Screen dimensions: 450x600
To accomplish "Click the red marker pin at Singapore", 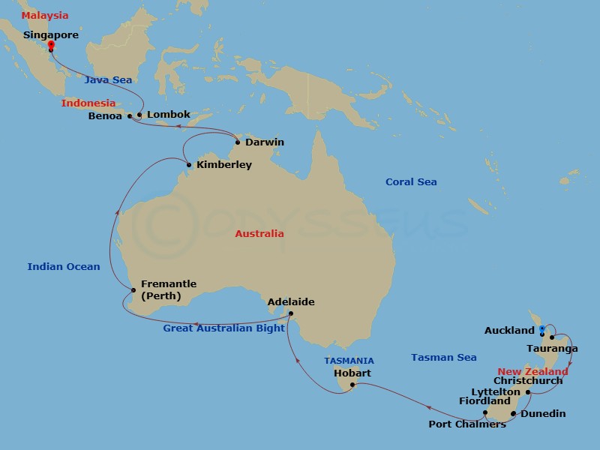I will (50, 46).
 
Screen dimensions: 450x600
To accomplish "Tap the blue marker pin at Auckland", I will (541, 329).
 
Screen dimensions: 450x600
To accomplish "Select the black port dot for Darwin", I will (238, 142).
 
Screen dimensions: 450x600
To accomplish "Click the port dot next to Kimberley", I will (188, 165).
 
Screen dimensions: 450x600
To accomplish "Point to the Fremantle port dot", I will (133, 289).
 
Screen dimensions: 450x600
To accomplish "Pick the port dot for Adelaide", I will (291, 313).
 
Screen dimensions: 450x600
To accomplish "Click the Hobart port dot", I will (352, 385).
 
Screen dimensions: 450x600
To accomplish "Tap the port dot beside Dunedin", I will (513, 413).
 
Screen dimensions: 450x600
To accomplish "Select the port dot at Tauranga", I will (552, 337).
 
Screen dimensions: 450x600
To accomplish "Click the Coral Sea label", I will (411, 182).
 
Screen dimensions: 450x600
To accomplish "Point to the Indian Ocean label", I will (64, 266).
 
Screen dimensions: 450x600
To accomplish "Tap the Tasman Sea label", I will (444, 358).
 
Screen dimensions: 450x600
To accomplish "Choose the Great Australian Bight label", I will (224, 328).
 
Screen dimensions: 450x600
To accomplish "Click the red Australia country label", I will (259, 234).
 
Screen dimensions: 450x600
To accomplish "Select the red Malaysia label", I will (45, 16).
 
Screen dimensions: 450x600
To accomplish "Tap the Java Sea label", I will (108, 79).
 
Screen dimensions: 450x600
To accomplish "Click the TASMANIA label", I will (349, 361).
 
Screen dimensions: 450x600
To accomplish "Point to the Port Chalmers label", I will (466, 424).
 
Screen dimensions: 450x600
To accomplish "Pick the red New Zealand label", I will (533, 372).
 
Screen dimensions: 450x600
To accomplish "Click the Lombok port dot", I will (139, 115).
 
